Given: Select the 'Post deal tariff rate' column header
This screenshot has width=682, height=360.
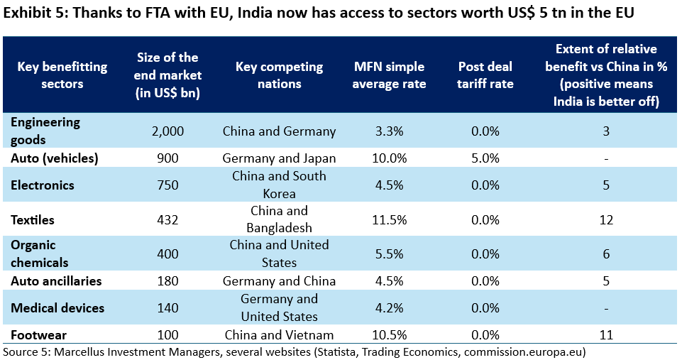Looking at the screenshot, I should click(485, 75).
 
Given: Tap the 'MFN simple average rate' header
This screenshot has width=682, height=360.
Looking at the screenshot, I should click(389, 75).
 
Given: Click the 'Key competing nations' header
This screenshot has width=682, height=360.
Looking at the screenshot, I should click(279, 75).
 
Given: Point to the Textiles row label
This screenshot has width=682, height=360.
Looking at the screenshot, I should click(33, 220).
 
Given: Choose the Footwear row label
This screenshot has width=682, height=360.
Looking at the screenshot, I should click(36, 335).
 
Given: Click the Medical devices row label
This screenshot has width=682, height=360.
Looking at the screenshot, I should click(57, 308).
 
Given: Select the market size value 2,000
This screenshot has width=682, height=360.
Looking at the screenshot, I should click(167, 131).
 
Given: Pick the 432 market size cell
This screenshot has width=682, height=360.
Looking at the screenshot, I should click(167, 220).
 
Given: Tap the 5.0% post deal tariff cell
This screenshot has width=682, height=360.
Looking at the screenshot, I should click(485, 158).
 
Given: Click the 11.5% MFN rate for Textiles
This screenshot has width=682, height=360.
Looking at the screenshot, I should click(389, 220).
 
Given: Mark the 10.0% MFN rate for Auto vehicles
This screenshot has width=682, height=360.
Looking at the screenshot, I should click(389, 158).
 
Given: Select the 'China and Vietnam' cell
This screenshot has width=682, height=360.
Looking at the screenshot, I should click(279, 335).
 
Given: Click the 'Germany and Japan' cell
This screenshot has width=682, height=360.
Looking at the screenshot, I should click(279, 158).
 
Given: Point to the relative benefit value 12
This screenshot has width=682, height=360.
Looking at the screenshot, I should click(606, 220).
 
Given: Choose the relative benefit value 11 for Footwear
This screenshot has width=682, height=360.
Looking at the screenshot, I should click(606, 335).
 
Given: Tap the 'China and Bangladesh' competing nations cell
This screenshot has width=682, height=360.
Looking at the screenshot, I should click(279, 220).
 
